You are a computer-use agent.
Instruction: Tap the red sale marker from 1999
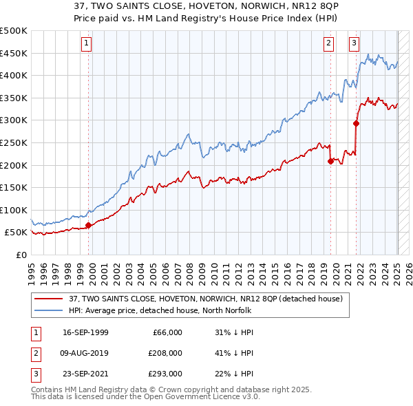[x=88, y=225]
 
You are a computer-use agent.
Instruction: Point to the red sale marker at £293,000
[x=357, y=124]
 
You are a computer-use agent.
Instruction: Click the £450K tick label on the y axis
[x=14, y=53]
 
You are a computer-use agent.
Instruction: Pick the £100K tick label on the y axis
[x=14, y=210]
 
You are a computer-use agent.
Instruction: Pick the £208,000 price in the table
[x=166, y=353]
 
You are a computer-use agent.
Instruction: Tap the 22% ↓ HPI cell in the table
[x=235, y=374]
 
